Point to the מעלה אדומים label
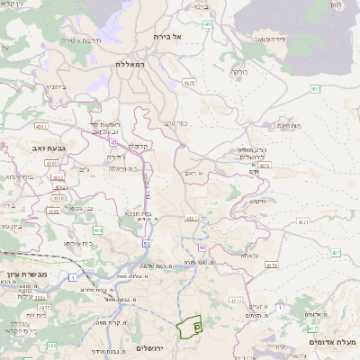333,342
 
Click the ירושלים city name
152,347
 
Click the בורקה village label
238,70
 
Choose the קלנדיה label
137,146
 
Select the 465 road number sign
208,24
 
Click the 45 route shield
113,141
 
